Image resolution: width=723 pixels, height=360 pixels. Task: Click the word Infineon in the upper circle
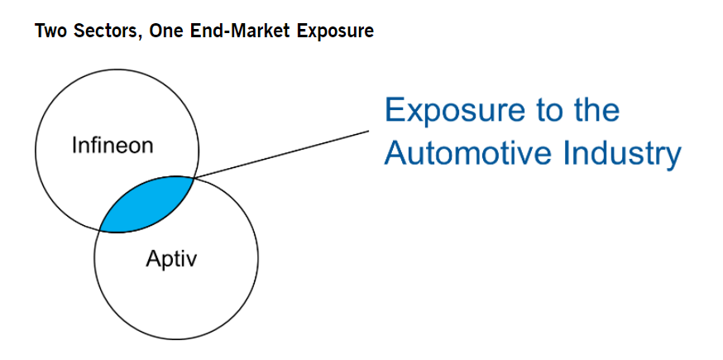[112, 146]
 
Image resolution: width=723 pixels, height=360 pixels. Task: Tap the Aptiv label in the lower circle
[171, 260]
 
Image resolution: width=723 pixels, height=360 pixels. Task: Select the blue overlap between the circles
[147, 204]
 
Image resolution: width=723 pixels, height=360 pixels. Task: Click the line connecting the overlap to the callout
[281, 153]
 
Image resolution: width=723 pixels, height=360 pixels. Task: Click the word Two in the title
[49, 31]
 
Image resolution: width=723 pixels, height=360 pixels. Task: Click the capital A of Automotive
[396, 152]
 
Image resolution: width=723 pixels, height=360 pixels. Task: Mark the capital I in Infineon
[74, 146]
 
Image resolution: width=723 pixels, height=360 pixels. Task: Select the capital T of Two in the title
[39, 31]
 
